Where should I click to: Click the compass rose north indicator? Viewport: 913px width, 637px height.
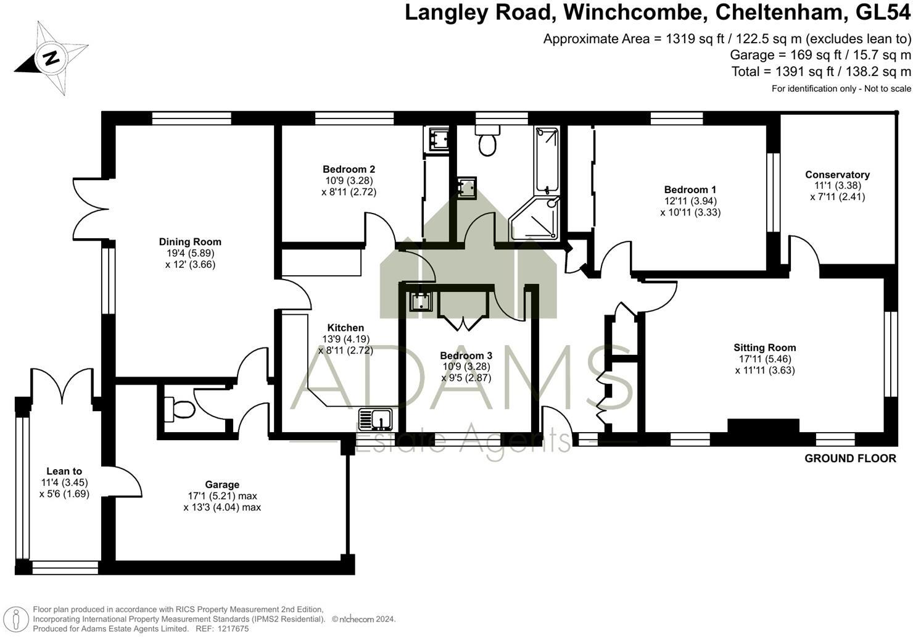pyautogui.click(x=51, y=59)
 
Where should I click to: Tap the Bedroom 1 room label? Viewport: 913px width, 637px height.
pyautogui.click(x=690, y=189)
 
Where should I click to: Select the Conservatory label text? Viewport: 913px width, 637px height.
pyautogui.click(x=837, y=175)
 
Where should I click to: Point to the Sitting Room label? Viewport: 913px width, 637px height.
pyautogui.click(x=764, y=348)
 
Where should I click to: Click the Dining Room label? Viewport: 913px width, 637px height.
pyautogui.click(x=190, y=242)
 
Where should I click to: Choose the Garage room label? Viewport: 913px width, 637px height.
pyautogui.click(x=222, y=485)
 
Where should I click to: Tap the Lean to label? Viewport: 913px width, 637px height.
pyautogui.click(x=64, y=471)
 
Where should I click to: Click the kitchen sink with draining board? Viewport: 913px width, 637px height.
pyautogui.click(x=376, y=419)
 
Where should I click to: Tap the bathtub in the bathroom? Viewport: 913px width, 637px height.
pyautogui.click(x=547, y=160)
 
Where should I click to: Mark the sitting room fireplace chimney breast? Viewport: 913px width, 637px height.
pyautogui.click(x=763, y=426)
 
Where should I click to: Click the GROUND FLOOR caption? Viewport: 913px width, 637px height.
pyautogui.click(x=850, y=458)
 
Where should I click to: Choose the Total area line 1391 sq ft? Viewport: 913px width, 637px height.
pyautogui.click(x=820, y=72)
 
